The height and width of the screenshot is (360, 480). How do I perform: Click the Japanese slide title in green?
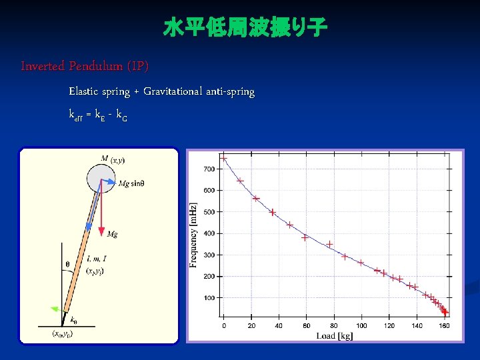click(245, 29)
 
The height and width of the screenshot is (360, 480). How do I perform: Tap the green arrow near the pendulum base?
click(57, 308)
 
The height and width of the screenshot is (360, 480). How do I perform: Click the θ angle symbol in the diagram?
click(67, 264)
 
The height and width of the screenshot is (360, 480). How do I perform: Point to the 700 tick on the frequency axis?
click(209, 169)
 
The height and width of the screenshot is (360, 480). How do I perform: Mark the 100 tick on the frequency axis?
click(209, 297)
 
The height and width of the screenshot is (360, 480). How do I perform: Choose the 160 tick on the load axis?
click(444, 325)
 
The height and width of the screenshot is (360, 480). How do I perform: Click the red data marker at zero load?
click(224, 158)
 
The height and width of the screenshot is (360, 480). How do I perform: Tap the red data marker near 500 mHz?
click(273, 212)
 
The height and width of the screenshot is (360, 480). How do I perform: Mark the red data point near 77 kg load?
click(329, 244)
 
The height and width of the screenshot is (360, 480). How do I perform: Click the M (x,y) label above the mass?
click(113, 159)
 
